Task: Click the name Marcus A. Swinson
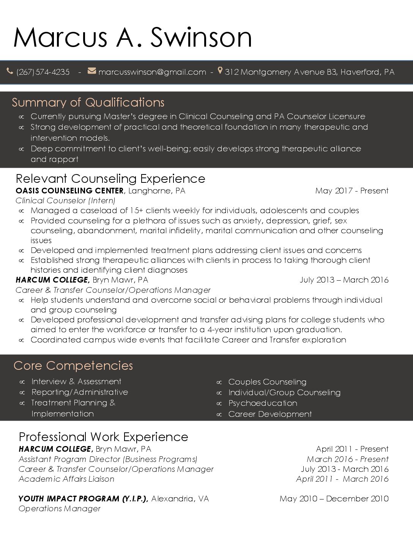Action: tap(132, 37)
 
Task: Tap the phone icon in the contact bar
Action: tap(10, 71)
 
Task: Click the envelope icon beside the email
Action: tap(92, 71)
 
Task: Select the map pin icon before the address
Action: tap(220, 71)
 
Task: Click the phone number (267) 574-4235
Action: tap(43, 72)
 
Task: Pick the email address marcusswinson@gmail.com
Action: tap(152, 72)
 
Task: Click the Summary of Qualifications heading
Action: tap(88, 102)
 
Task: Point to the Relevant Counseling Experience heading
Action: tap(110, 179)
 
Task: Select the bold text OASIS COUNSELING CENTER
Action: tap(69, 191)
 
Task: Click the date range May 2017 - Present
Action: tap(352, 191)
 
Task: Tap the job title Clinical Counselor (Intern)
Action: tap(65, 201)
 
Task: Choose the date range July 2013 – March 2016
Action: tap(344, 280)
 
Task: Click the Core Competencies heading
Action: tap(73, 366)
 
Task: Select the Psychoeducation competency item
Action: tap(263, 403)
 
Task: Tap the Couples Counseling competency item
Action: tap(267, 382)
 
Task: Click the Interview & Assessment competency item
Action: tap(76, 382)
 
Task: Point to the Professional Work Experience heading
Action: tap(103, 437)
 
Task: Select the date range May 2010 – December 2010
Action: tap(334, 499)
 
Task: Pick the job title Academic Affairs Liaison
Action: tap(66, 479)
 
